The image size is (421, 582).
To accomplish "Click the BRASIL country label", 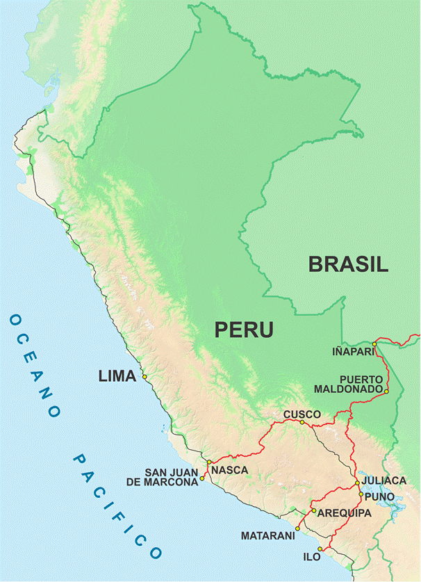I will tap(348, 264).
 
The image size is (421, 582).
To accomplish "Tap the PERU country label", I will tap(244, 330).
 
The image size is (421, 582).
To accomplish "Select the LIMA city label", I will tap(117, 377).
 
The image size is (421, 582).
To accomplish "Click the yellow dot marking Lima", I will tap(145, 377).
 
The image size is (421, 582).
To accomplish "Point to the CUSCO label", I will tap(302, 414).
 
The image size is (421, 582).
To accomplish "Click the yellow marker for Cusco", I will tap(302, 422).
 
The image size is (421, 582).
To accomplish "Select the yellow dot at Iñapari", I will tap(374, 343).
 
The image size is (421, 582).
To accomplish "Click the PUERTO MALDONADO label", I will tap(348, 383).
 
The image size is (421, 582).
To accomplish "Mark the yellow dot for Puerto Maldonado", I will tap(386, 391).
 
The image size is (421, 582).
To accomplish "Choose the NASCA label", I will tap(229, 470).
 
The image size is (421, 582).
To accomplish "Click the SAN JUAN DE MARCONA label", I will tap(171, 477).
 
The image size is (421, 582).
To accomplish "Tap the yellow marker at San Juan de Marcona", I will tap(202, 478).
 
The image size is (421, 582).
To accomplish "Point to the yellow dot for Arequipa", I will tap(313, 511).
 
